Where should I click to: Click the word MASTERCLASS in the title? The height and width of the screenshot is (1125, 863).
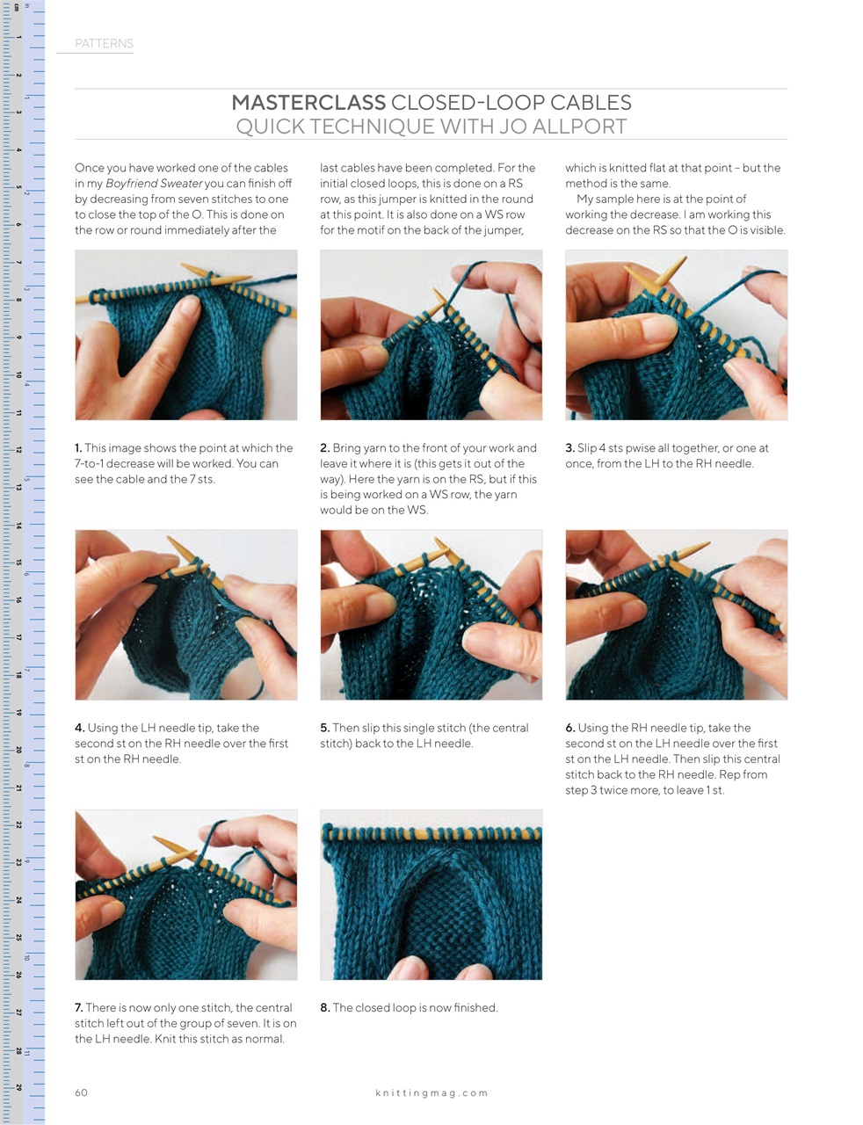[x=308, y=103]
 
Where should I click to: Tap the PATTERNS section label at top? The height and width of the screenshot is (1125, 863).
[x=104, y=44]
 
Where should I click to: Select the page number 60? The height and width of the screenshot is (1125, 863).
[x=81, y=1092]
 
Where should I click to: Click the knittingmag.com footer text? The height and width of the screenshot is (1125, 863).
[x=431, y=1093]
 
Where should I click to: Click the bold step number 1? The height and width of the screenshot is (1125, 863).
[x=78, y=448]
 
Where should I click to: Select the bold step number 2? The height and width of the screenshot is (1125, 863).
[x=324, y=448]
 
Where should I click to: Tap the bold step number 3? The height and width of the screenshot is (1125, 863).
[x=569, y=448]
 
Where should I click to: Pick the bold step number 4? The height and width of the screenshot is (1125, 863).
[x=79, y=728]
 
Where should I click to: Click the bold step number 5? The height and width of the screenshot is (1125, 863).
[x=324, y=728]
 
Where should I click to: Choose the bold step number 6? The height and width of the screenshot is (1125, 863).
[x=570, y=728]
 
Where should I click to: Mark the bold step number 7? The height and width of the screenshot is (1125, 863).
[x=79, y=1008]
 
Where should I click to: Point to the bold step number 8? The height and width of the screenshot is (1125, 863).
[x=324, y=1008]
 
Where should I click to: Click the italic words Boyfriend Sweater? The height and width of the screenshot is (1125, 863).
[x=154, y=184]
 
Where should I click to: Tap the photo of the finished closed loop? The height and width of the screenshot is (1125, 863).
[x=431, y=895]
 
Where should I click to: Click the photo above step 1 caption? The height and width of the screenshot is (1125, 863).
[x=185, y=335]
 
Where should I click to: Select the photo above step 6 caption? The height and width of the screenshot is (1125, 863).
[x=676, y=614]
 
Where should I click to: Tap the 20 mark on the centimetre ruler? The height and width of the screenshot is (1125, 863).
[x=18, y=750]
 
